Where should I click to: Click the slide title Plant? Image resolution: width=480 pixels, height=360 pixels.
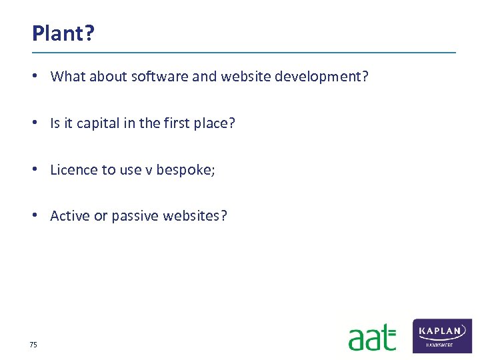(63, 33)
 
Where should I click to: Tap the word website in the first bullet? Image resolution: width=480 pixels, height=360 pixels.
(243, 77)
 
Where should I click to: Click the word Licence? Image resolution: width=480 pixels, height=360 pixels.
(73, 170)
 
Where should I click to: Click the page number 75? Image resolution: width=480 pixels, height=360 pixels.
(33, 345)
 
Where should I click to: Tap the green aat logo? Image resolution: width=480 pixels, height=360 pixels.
(372, 337)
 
